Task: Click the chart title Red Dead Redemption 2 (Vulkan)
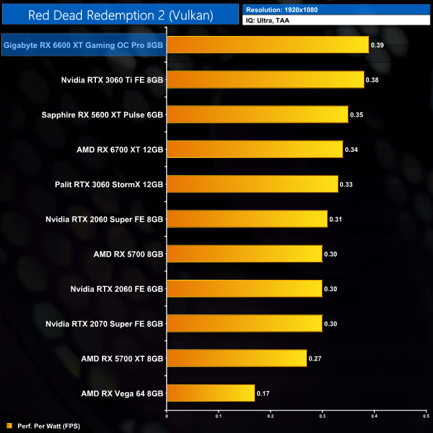(121, 15)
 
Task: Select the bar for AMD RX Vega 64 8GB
(211, 392)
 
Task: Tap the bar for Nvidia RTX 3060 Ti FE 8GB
(265, 80)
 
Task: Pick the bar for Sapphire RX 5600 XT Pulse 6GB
(257, 115)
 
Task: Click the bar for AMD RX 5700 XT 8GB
(236, 358)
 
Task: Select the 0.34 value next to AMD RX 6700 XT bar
(352, 149)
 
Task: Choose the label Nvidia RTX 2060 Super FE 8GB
(105, 218)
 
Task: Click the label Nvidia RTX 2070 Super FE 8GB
(105, 323)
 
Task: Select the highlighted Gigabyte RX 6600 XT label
(84, 45)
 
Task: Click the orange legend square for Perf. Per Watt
(9, 426)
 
